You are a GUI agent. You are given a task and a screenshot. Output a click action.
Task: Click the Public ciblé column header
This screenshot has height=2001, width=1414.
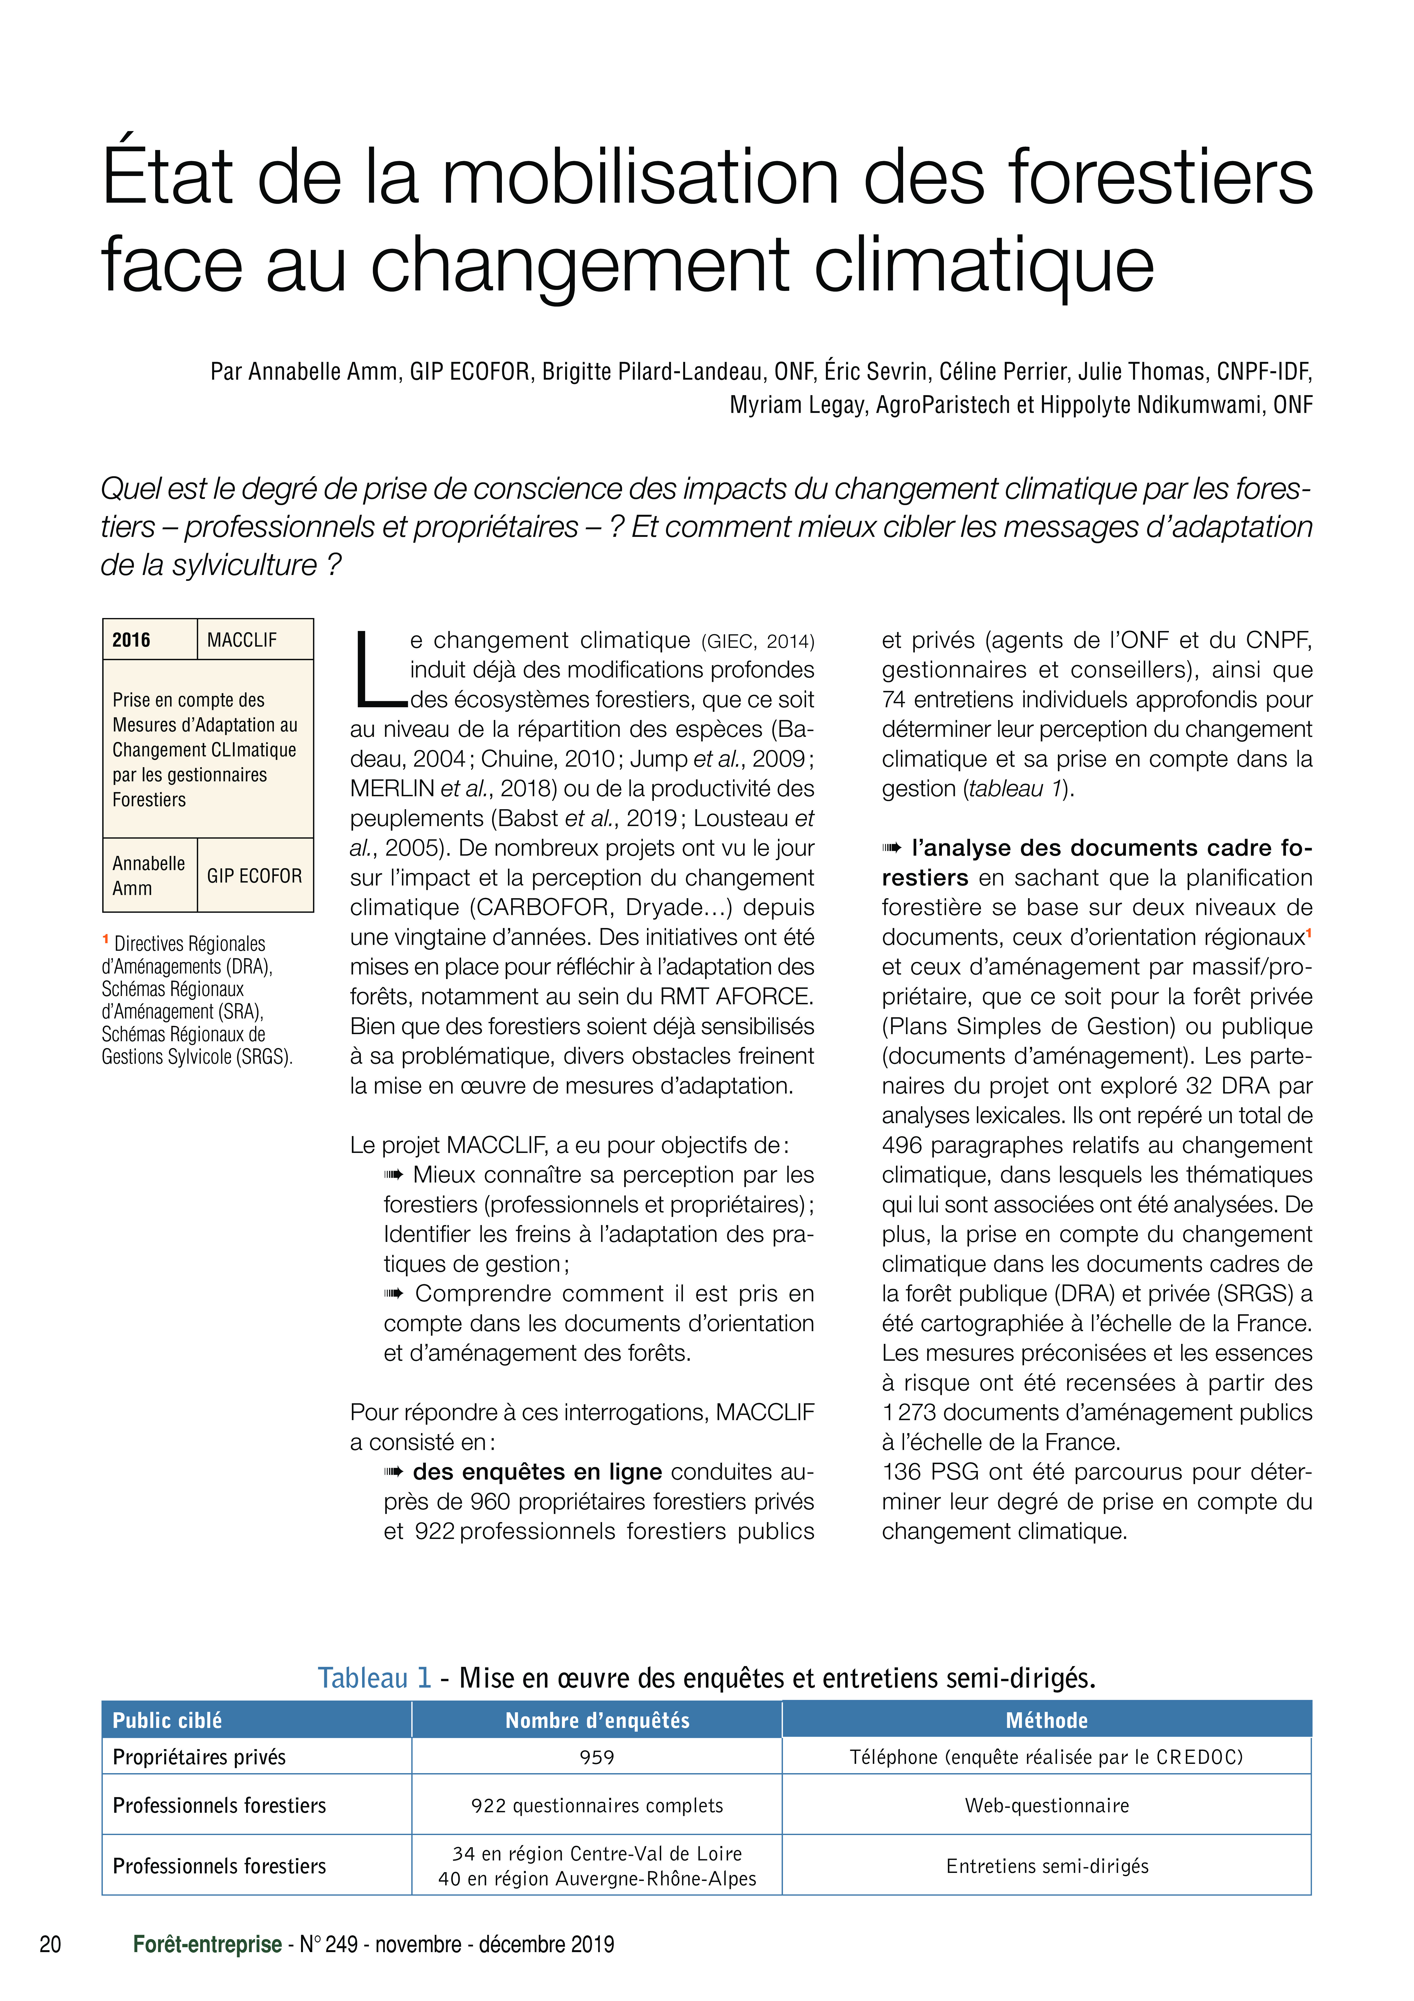pyautogui.click(x=167, y=1720)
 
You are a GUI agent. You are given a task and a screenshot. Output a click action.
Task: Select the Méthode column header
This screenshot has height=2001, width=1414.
pyautogui.click(x=1046, y=1720)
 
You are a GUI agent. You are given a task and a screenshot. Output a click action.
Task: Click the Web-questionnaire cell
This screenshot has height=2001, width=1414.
pyautogui.click(x=1046, y=1805)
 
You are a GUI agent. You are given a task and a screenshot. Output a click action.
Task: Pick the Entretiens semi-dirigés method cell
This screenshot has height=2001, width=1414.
pyautogui.click(x=1046, y=1865)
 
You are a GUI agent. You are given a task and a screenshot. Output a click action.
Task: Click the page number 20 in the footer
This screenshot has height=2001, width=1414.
pyautogui.click(x=51, y=1944)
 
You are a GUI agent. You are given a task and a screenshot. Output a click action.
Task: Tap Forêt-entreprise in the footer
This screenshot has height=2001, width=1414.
pyautogui.click(x=207, y=1944)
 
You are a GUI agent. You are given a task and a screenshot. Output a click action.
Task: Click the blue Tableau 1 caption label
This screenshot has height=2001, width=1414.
pyautogui.click(x=375, y=1677)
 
